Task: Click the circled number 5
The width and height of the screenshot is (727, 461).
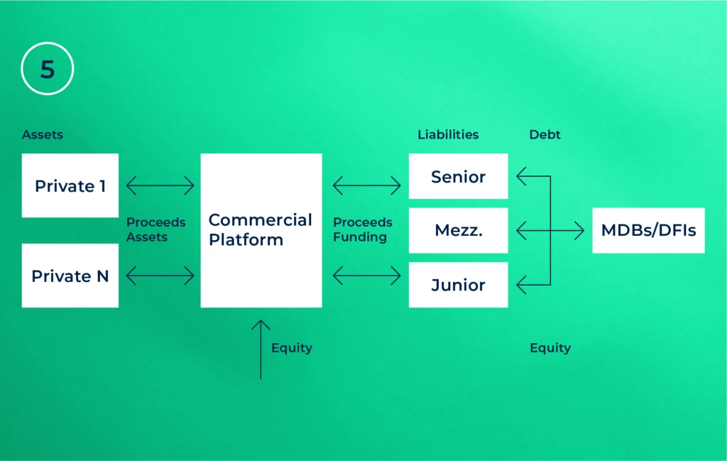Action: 47,69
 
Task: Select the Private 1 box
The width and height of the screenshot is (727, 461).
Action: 70,185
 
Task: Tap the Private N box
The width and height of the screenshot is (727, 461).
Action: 70,276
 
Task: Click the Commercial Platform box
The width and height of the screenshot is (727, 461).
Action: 261,230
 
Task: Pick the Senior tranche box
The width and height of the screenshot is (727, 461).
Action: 458,176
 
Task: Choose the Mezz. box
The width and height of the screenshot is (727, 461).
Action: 458,230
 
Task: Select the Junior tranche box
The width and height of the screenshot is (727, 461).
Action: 458,285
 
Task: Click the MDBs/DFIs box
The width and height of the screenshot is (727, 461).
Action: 648,230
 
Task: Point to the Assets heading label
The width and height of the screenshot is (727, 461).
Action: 42,134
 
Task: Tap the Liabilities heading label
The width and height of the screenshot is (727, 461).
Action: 447,134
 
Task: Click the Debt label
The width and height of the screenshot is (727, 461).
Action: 545,134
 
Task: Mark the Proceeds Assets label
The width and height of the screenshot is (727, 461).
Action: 156,229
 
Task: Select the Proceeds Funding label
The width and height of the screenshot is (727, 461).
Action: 362,229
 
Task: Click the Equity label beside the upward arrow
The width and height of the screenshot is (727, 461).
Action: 291,348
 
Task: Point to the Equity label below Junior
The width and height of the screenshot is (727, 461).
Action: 550,348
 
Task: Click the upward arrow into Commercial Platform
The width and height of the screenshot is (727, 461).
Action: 261,349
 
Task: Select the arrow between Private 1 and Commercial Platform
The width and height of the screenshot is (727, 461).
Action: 160,186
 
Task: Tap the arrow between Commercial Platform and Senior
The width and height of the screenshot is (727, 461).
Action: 366,186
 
